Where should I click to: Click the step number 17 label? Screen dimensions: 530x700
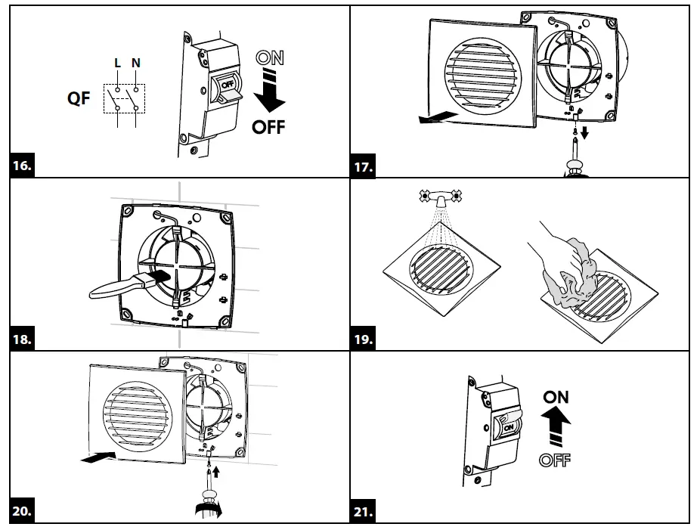(364, 167)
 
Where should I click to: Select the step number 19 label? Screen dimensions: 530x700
(364, 339)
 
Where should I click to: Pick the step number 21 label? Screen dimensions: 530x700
(364, 512)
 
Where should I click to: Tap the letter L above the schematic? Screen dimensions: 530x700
(117, 64)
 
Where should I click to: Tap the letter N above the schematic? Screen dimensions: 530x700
(136, 64)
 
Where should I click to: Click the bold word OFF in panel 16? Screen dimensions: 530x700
(269, 127)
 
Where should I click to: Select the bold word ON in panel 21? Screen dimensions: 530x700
(556, 397)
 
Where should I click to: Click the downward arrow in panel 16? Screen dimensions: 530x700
(269, 91)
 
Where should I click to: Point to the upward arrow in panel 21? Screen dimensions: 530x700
(556, 425)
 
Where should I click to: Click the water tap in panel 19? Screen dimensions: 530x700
(438, 197)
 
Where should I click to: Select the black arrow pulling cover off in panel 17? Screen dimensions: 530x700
(437, 116)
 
